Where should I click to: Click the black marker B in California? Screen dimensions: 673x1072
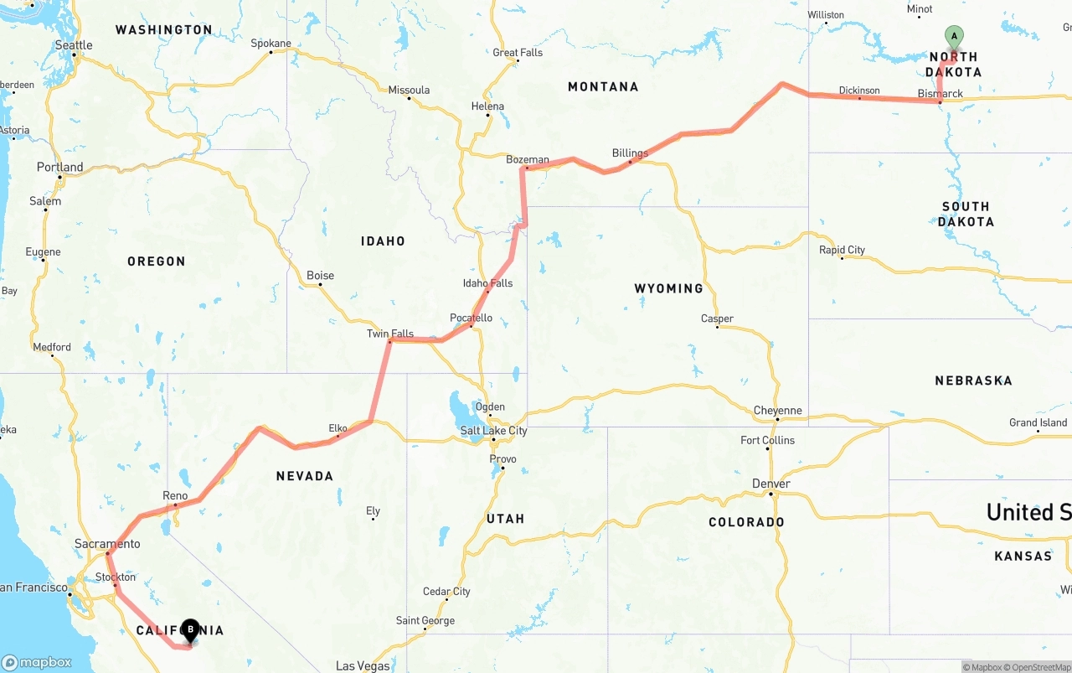191,629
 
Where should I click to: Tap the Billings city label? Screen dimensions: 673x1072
630,153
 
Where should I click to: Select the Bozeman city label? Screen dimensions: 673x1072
528,159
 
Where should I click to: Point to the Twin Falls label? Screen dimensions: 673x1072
390,334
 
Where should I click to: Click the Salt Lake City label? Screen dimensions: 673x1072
494,431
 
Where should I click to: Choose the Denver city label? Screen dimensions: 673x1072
771,484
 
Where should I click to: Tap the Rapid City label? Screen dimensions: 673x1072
842,250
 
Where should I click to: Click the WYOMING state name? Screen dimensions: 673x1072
668,288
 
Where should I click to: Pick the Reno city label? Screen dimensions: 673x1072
175,495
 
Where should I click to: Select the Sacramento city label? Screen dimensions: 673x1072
107,544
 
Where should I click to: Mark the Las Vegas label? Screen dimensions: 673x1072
363,666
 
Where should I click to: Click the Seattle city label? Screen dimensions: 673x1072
74,45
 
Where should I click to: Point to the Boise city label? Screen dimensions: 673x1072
320,275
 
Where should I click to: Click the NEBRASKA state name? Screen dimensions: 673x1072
973,381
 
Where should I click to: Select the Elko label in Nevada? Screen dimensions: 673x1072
338,428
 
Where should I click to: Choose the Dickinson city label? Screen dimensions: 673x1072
859,91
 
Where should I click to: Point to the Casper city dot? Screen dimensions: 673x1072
717,326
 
